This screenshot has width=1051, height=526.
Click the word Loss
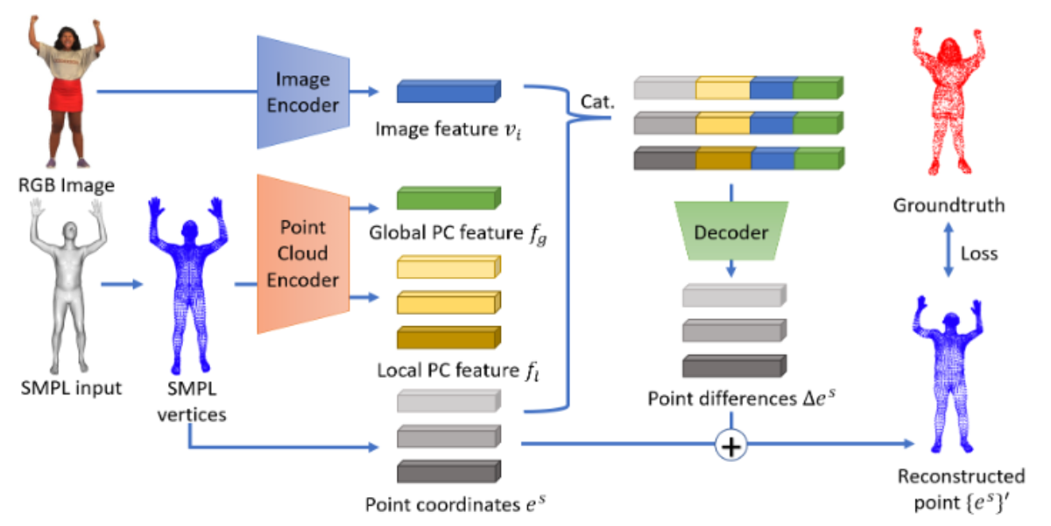[x=980, y=253]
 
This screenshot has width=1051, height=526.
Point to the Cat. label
[x=598, y=103]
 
